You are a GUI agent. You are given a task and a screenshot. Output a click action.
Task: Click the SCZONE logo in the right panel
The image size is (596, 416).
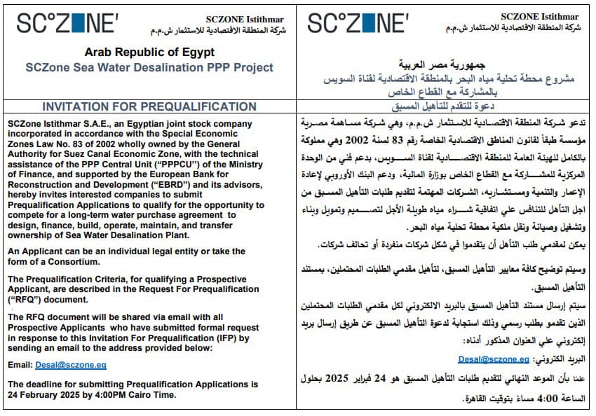(357, 23)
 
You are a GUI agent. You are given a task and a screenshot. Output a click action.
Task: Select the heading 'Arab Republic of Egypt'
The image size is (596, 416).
(149, 53)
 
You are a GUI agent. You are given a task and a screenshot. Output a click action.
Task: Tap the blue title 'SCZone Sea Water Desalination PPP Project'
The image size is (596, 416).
(149, 68)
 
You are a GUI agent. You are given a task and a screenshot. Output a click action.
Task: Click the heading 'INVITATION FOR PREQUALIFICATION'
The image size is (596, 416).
(149, 106)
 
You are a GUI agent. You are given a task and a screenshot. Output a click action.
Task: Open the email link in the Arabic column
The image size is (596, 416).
(494, 359)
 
